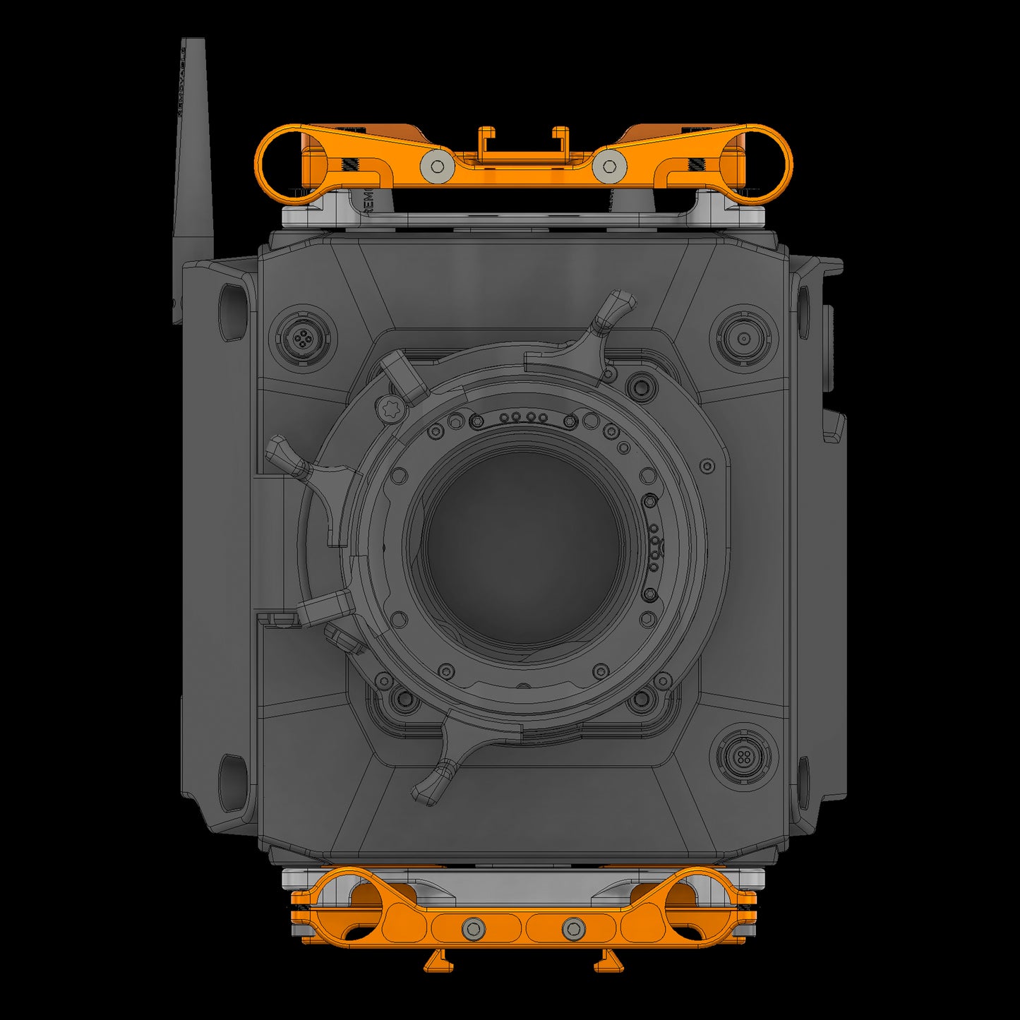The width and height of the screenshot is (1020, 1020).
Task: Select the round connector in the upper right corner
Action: (743, 338)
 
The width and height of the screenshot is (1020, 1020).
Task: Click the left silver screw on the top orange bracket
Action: (437, 167)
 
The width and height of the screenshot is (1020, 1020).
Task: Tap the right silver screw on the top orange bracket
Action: (609, 167)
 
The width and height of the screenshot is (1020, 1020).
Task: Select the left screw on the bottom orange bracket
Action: (473, 928)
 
